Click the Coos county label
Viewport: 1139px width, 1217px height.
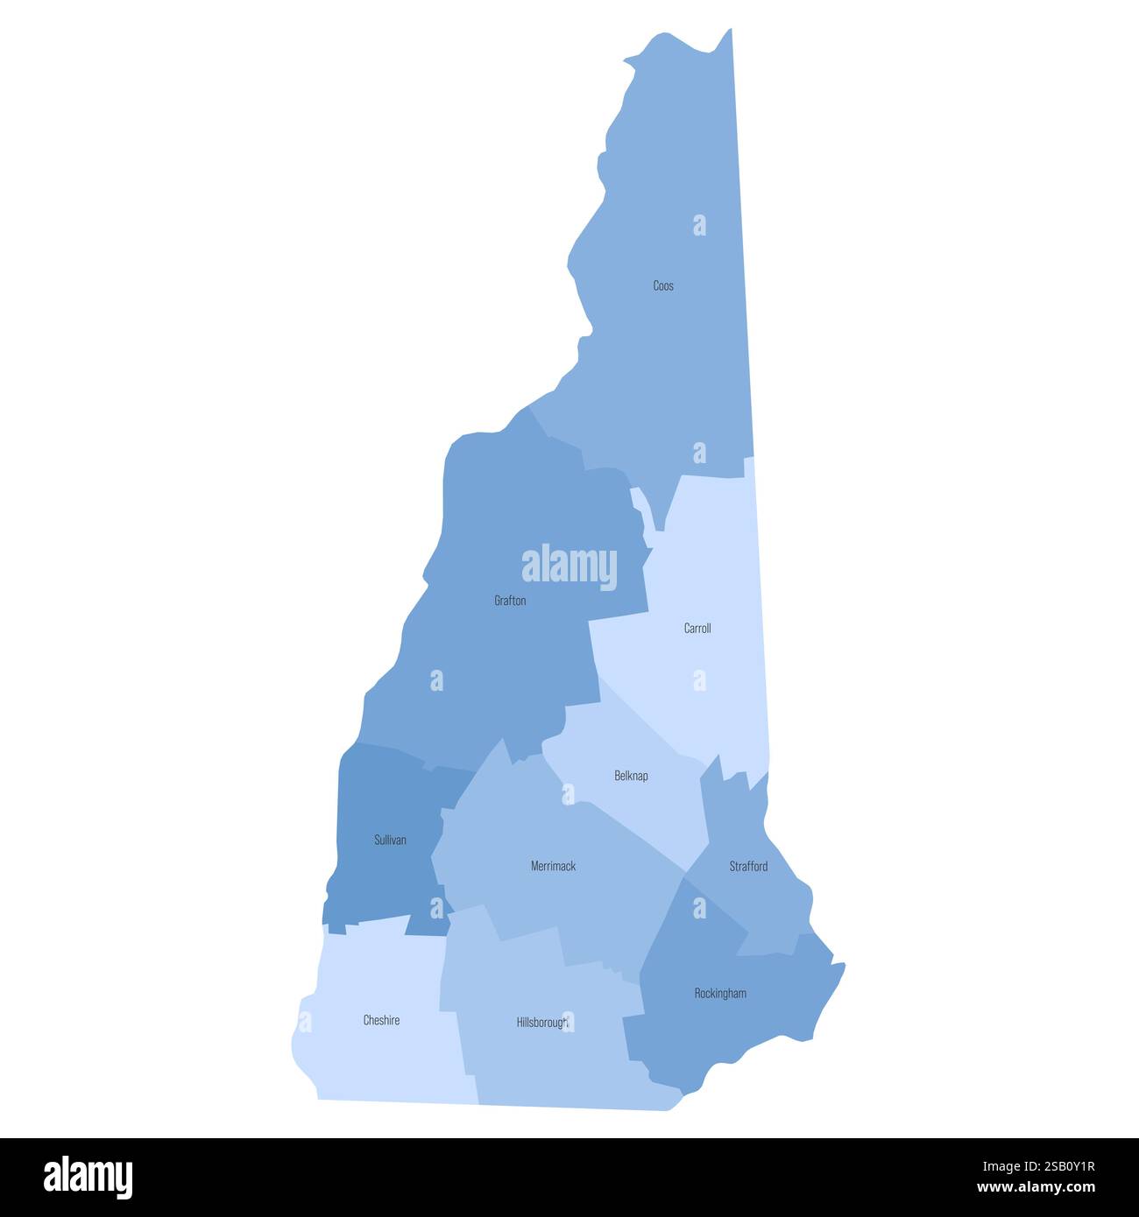coord(663,285)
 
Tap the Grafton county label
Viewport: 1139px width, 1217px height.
coord(510,601)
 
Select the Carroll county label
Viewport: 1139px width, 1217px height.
coord(697,628)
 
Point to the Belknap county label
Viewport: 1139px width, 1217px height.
coord(631,776)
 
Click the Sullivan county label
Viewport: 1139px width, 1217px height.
coord(390,840)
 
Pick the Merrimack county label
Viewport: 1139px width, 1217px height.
coord(553,866)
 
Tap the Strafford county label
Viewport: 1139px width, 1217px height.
coord(748,866)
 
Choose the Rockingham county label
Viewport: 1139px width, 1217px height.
coord(720,993)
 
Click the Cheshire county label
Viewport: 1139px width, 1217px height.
coord(381,1020)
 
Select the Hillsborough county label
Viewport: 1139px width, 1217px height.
coord(542,1022)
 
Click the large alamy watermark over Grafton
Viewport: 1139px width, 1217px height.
coord(569,566)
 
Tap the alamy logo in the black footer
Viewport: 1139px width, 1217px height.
coord(88,1177)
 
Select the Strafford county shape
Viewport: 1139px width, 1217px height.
coord(753,902)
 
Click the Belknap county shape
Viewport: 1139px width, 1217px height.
coord(613,805)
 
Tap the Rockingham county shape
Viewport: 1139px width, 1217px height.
coord(701,1024)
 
